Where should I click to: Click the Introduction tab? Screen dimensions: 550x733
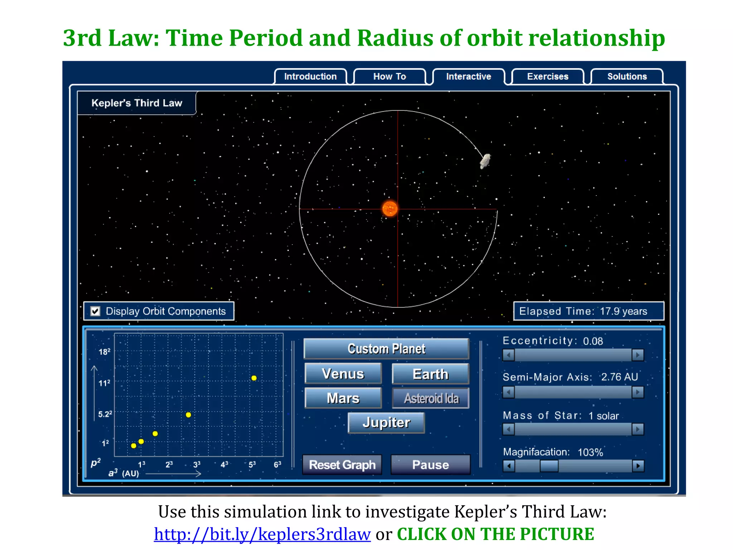coord(310,77)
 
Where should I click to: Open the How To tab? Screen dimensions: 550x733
coord(389,77)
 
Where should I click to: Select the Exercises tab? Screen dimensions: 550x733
coord(548,77)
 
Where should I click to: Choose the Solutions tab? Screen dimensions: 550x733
coord(627,77)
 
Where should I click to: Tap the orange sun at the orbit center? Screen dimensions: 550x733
coord(390,208)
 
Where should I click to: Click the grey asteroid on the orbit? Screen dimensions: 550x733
coord(485,161)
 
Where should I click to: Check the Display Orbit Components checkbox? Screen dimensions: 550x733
coord(95,311)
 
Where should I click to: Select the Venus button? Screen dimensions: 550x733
coord(343,374)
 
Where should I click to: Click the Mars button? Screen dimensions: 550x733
coord(343,398)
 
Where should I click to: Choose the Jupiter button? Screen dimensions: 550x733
coord(386,423)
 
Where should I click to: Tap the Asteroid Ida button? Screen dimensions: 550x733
coord(431,398)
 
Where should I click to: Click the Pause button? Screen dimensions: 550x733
coord(430,465)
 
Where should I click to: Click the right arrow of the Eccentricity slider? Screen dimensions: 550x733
coord(637,355)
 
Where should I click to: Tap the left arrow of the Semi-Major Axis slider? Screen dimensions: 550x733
coord(509,392)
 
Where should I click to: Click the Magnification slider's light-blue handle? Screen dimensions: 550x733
coord(549,466)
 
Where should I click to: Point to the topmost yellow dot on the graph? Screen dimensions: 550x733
coord(254,378)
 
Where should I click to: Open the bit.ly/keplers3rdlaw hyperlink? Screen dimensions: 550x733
coord(262,534)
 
